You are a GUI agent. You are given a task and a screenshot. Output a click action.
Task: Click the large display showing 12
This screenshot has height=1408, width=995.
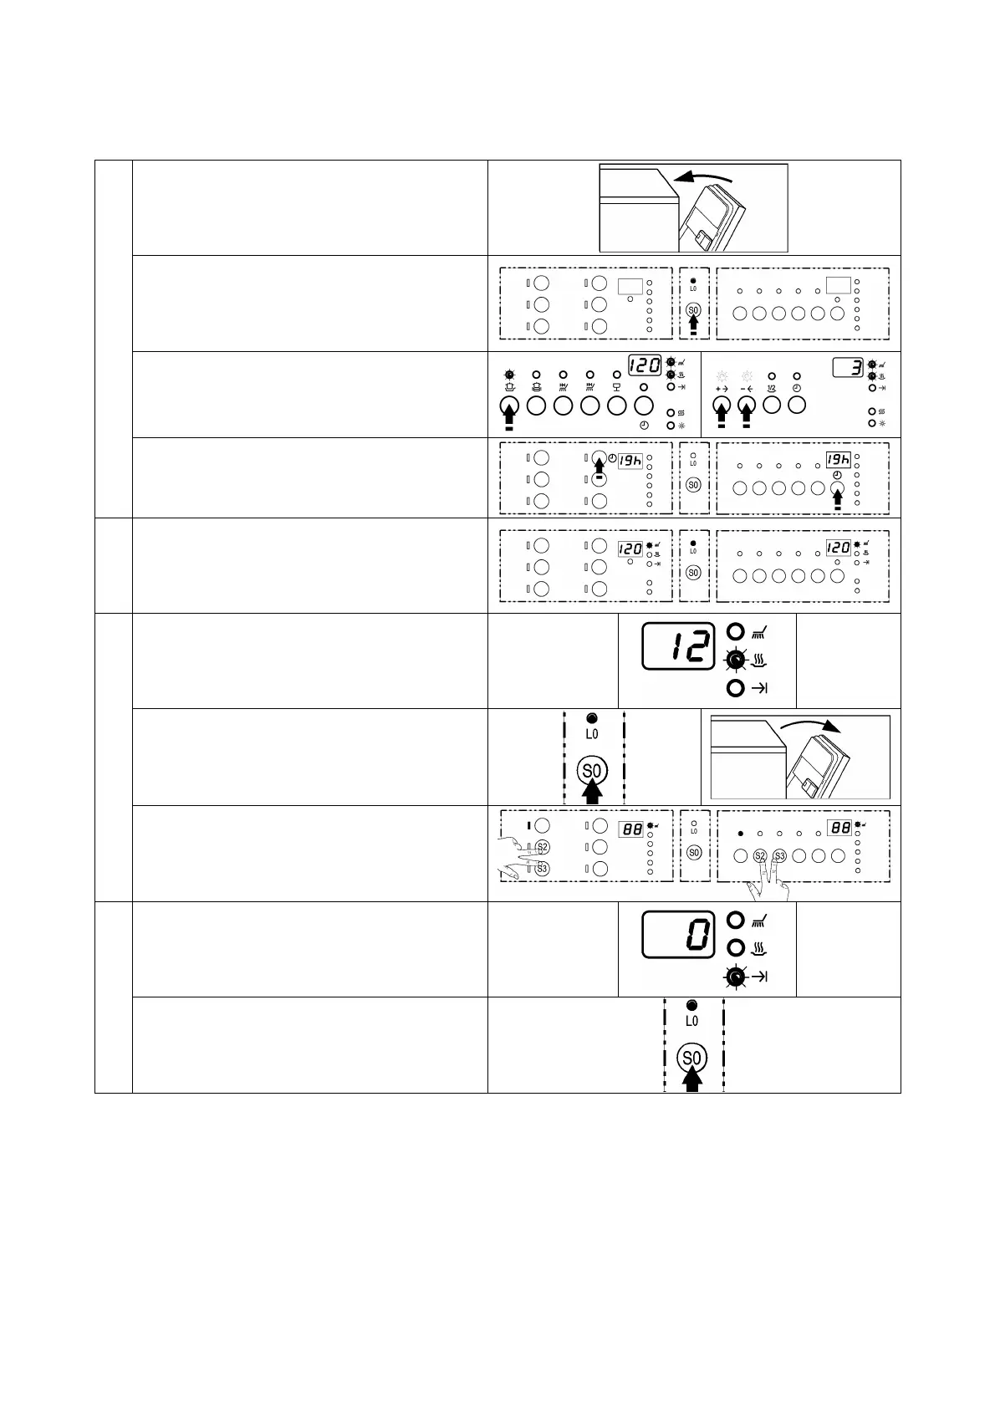click(678, 645)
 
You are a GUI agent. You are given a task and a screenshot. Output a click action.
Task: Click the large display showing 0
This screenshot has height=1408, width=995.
click(678, 934)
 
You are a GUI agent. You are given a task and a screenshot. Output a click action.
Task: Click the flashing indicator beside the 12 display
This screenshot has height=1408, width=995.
click(735, 661)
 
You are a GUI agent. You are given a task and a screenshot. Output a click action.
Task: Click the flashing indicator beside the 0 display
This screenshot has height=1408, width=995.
click(735, 977)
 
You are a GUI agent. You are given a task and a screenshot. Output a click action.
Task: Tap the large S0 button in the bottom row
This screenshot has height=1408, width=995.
click(691, 1059)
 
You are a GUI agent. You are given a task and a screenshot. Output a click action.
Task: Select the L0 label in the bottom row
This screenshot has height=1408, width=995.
click(691, 1022)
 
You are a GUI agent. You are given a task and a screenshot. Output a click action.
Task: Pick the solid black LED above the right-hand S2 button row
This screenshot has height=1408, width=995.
click(740, 834)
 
